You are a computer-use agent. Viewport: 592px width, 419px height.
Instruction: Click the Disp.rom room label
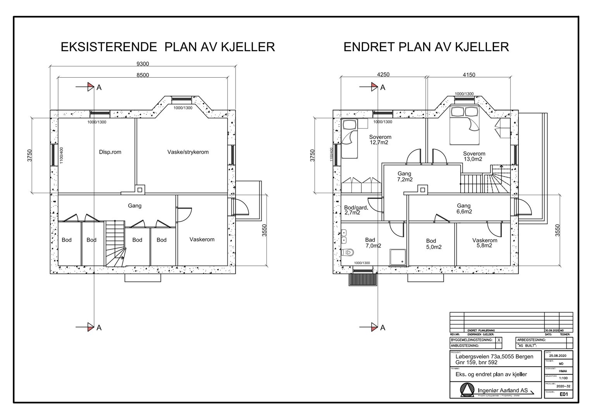[x=110, y=152]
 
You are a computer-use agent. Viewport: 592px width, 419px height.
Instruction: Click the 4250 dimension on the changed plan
[x=383, y=75]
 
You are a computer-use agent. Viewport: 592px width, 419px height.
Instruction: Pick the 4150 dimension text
[x=469, y=75]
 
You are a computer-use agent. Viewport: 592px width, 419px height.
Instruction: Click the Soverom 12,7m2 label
[x=380, y=140]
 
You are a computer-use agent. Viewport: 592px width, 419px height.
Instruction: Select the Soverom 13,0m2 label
[x=474, y=156]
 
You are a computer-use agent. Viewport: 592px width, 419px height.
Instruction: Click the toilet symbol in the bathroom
[x=348, y=253]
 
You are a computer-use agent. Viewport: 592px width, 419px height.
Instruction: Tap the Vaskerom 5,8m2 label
[x=484, y=243]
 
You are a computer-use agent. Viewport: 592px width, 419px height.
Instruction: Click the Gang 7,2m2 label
[x=404, y=177]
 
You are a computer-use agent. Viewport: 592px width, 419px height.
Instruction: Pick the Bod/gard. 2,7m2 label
[x=355, y=210]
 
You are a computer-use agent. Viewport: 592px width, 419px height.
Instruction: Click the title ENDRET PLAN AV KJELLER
[x=426, y=47]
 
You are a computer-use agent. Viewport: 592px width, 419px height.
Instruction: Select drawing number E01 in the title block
[x=564, y=395]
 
